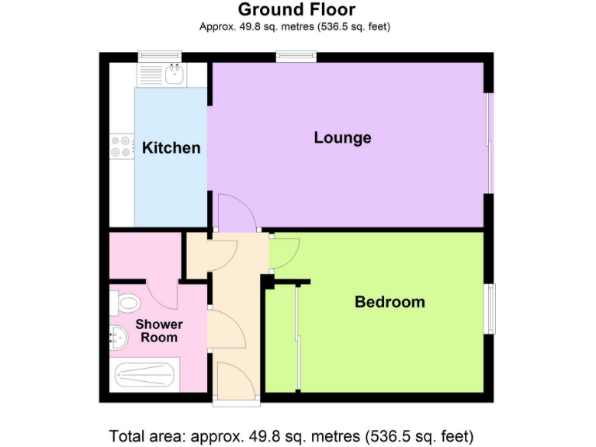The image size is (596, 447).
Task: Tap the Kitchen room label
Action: tap(171, 147)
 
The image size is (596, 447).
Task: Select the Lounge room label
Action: tap(342, 138)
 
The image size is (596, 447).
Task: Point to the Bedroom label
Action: tap(390, 302)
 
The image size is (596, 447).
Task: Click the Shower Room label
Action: tap(159, 331)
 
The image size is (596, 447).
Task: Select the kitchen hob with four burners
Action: tap(121, 147)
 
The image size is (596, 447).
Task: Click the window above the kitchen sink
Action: tap(159, 56)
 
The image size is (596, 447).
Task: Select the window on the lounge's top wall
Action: tap(296, 56)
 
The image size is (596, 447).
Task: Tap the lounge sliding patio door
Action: tap(489, 144)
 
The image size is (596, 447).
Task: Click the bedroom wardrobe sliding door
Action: tap(296, 338)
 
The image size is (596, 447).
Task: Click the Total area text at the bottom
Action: tap(292, 435)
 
